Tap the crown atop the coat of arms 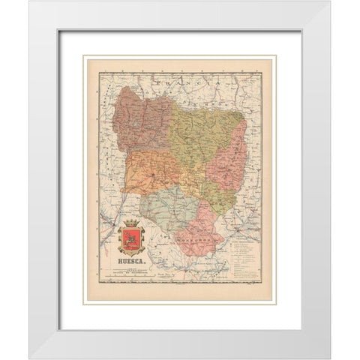131,224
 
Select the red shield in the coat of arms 131,242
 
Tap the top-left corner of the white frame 31,2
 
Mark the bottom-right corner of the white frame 329,358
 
